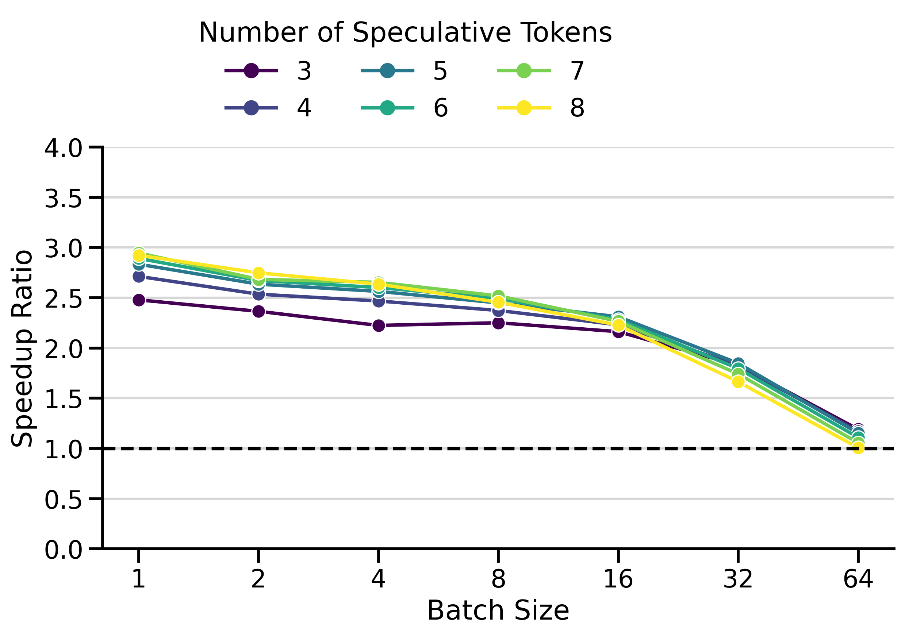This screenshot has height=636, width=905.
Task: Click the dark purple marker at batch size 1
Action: pyautogui.click(x=139, y=300)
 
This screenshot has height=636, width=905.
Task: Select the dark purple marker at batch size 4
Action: pyautogui.click(x=379, y=325)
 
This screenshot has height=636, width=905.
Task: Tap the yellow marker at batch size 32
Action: pyautogui.click(x=738, y=382)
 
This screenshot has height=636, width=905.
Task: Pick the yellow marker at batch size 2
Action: pyautogui.click(x=258, y=273)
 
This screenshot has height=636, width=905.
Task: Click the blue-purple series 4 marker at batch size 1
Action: pyautogui.click(x=139, y=277)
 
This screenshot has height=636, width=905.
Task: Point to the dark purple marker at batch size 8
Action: pyautogui.click(x=498, y=323)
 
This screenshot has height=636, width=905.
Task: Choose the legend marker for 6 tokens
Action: pyautogui.click(x=387, y=108)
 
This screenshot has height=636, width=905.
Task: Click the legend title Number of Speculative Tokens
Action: pyautogui.click(x=405, y=32)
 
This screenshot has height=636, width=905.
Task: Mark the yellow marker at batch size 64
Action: pyautogui.click(x=858, y=447)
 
